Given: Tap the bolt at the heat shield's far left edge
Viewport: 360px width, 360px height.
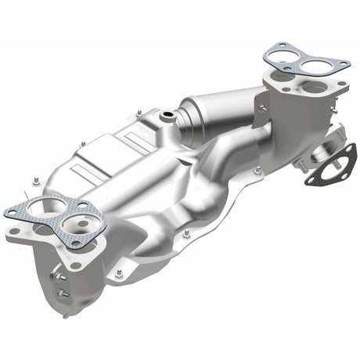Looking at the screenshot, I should [x=36, y=182].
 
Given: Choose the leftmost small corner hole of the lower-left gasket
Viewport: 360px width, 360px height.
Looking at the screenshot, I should [x=13, y=211].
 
